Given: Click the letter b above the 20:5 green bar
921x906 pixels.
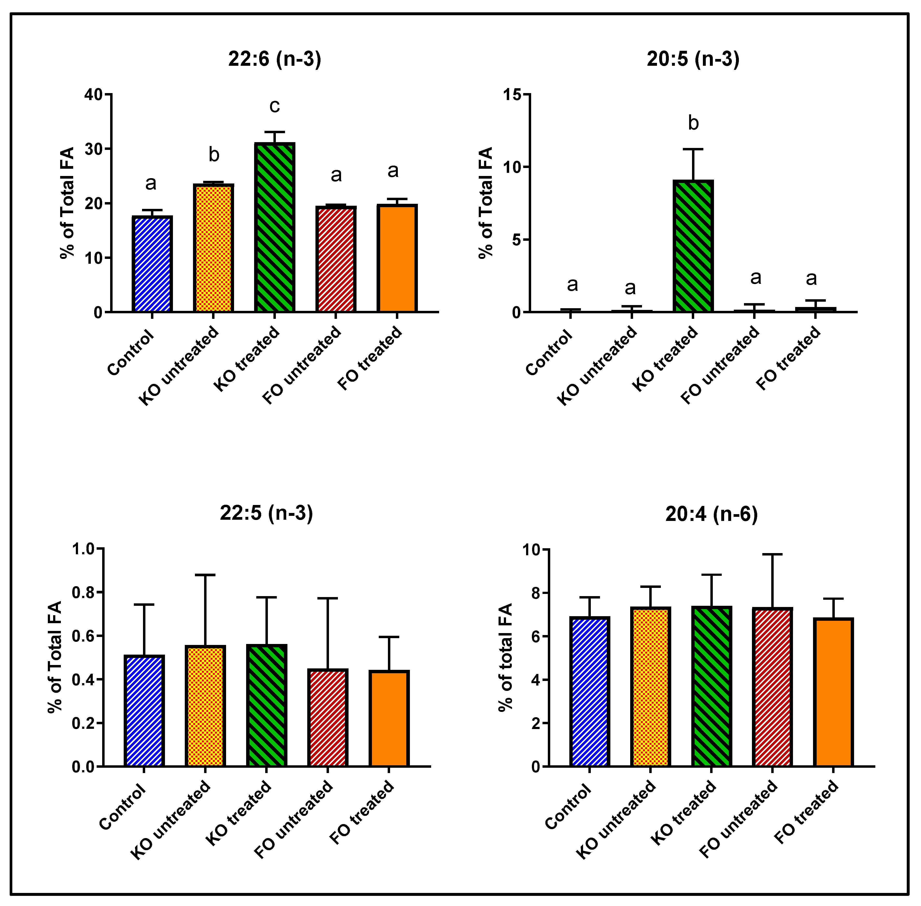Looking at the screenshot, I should [x=693, y=123].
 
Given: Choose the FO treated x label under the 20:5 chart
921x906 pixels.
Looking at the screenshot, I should [x=788, y=358].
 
